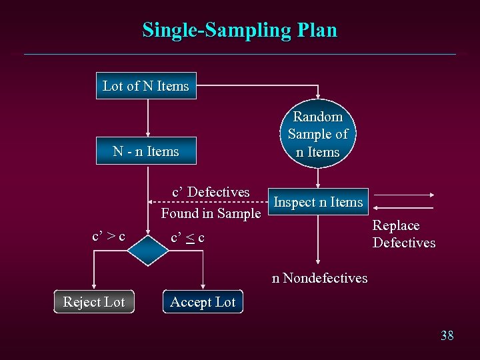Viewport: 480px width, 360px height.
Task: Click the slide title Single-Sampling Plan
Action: click(x=239, y=30)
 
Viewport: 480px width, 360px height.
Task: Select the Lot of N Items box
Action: click(x=146, y=86)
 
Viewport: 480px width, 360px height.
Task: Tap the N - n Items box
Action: click(x=146, y=151)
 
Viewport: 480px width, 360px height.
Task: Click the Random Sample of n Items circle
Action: click(x=318, y=134)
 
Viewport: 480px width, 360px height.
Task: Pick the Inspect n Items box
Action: click(x=318, y=202)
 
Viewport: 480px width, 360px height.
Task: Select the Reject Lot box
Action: click(x=94, y=302)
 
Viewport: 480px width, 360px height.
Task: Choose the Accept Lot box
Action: click(x=203, y=302)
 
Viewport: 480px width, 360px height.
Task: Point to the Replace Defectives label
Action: click(x=404, y=234)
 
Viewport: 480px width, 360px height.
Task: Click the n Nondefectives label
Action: click(x=319, y=278)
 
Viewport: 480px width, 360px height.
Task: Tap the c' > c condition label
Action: click(x=108, y=237)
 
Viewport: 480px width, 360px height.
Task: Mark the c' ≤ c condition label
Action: click(x=187, y=237)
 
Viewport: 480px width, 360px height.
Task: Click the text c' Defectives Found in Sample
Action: click(x=211, y=203)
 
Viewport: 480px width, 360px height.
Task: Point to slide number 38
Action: click(x=447, y=335)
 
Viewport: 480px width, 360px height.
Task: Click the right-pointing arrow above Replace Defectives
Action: click(x=407, y=195)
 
